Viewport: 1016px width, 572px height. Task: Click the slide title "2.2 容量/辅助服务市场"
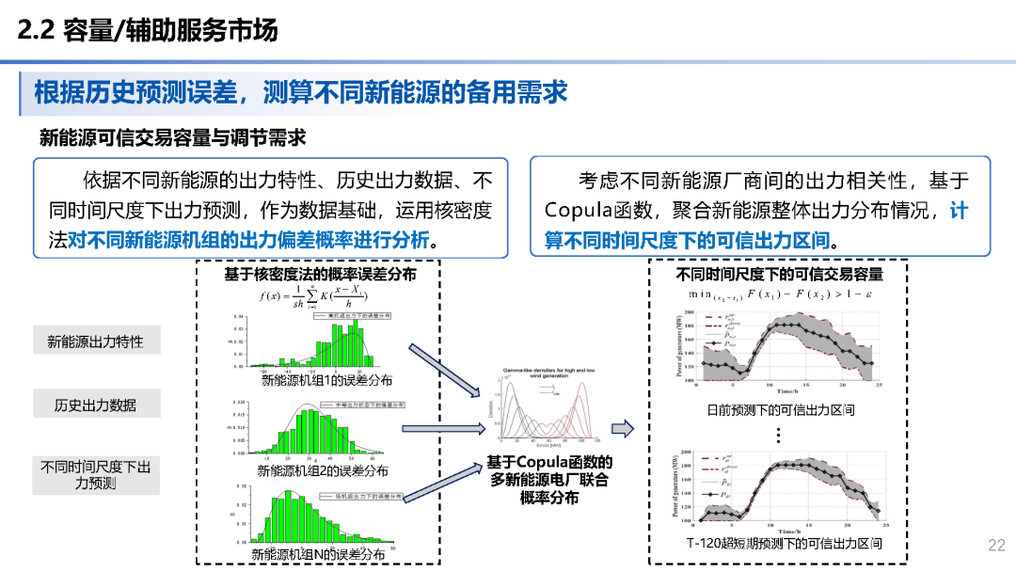(x=148, y=31)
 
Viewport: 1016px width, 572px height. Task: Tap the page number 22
(x=996, y=546)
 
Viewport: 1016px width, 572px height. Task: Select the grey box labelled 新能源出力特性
(x=95, y=342)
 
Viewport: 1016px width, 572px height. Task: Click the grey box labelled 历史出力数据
(x=95, y=405)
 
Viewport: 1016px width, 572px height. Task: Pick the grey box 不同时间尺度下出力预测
(x=95, y=474)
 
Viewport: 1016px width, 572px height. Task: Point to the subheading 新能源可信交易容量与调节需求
(x=172, y=137)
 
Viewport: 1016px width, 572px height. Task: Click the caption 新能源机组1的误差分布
(x=326, y=380)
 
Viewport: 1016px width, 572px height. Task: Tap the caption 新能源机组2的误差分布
(x=323, y=470)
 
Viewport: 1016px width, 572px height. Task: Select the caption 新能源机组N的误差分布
(x=318, y=554)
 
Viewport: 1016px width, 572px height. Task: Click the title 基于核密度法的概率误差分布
(x=320, y=274)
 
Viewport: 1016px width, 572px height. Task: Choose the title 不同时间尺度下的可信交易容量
(x=780, y=274)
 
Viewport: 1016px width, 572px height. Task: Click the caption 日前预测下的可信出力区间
(x=780, y=410)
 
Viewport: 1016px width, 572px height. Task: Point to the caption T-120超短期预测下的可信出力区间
(x=783, y=544)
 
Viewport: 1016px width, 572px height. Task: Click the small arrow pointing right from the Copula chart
(x=622, y=429)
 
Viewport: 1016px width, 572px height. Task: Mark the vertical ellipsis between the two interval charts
(x=779, y=435)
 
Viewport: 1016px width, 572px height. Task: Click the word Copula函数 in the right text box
(x=591, y=210)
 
